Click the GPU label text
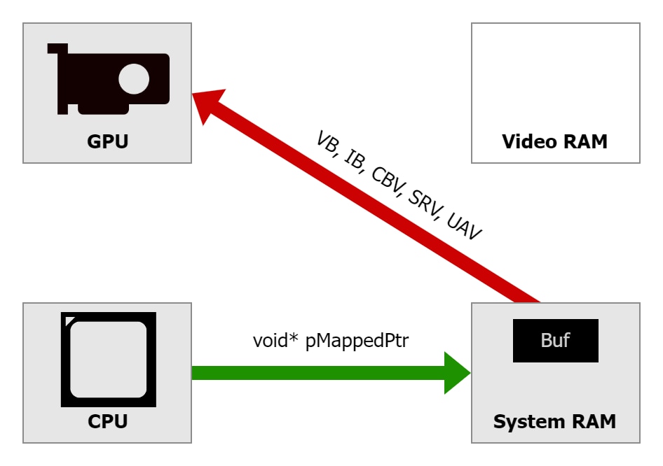point(107,142)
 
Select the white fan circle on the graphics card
point(135,78)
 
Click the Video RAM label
point(554,142)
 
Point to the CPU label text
point(107,422)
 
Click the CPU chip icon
point(108,359)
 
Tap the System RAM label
point(554,422)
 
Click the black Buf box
point(555,341)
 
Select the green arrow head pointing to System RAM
point(456,373)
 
